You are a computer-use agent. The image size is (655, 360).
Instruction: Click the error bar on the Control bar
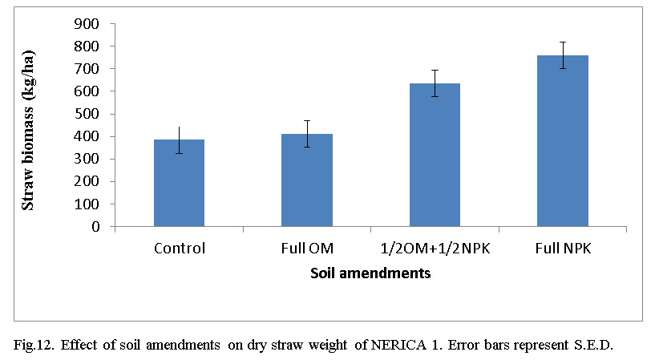[179, 140]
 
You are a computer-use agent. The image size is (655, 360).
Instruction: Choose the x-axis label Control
[179, 249]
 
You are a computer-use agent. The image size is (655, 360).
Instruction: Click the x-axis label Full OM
[307, 249]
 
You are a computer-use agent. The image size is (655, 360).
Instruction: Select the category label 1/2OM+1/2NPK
[435, 249]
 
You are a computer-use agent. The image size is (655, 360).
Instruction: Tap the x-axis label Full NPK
[563, 249]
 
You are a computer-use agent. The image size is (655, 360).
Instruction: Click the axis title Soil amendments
[370, 273]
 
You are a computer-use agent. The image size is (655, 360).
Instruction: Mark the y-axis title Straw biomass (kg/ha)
[28, 124]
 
